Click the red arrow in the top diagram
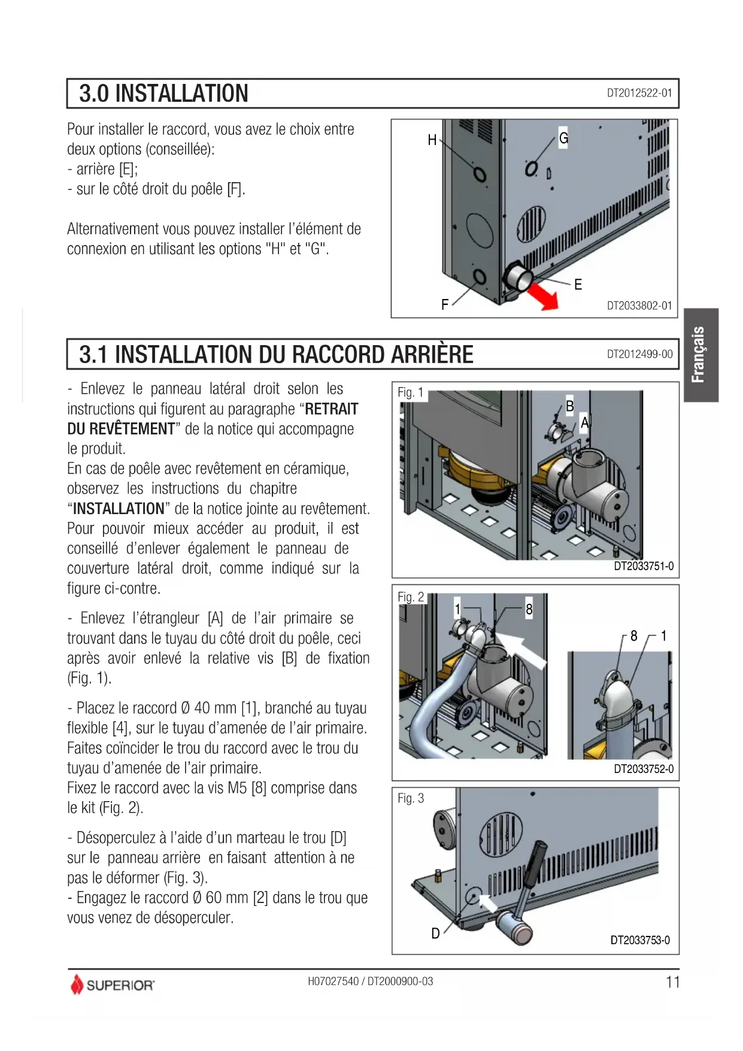pos(544,296)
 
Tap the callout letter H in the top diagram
pos(432,140)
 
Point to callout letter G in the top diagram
pos(563,138)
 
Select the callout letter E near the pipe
pos(578,285)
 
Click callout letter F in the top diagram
pos(445,305)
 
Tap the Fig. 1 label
pos(410,392)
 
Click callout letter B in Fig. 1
pos(570,406)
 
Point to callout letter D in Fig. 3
pos(435,934)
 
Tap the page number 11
pos(672,982)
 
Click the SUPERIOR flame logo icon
pos(77,984)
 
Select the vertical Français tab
pos(700,355)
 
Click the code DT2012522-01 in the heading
pos(639,93)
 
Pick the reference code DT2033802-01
pos(639,306)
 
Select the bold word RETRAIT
pos(332,409)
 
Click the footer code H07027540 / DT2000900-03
pos(370,981)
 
